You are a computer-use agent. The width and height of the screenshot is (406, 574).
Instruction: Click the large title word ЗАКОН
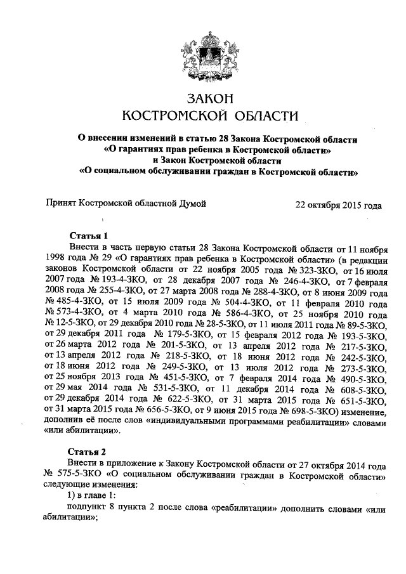pyautogui.click(x=209, y=98)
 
